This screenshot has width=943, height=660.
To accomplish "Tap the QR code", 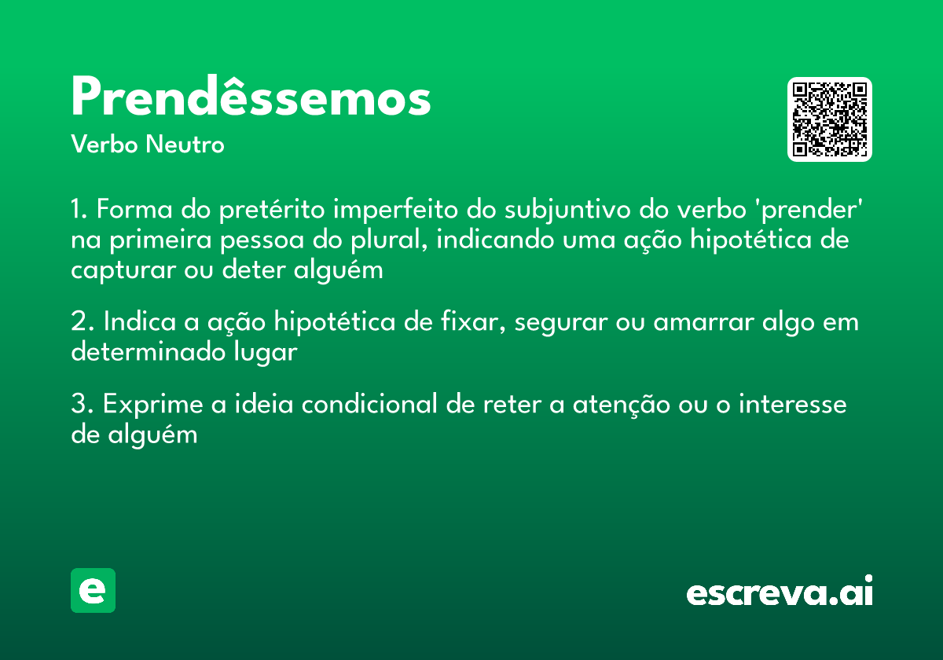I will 830,119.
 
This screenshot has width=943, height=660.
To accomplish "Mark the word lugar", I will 269,353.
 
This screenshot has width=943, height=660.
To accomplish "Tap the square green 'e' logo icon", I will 93,591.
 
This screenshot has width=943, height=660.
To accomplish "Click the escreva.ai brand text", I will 780,592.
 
